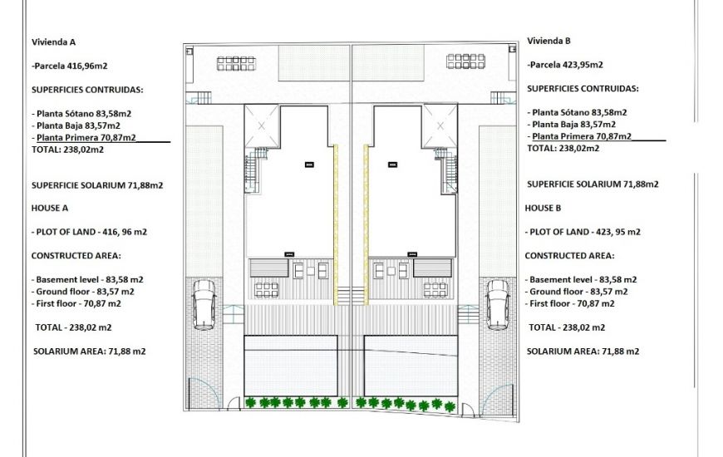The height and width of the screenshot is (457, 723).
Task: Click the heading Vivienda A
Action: [x=54, y=41]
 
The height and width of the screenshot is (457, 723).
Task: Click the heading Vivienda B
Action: [x=548, y=40]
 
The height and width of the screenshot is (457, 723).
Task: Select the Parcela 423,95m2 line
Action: [x=564, y=64]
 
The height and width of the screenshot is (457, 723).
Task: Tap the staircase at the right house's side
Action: [x=449, y=170]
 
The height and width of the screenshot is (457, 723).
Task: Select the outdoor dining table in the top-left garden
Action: [x=237, y=62]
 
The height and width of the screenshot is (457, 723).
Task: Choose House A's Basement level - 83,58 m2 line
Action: [x=87, y=280]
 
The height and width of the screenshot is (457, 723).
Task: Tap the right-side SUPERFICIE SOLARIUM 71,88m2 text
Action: [x=593, y=184]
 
